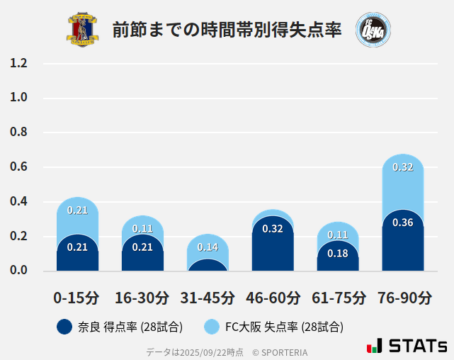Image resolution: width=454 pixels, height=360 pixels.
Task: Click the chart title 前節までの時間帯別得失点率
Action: tap(227, 30)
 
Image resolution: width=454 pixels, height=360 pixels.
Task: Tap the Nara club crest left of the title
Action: tap(83, 30)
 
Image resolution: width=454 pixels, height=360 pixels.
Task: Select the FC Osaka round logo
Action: tap(373, 30)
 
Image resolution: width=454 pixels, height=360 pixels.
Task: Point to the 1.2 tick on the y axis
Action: tap(18, 63)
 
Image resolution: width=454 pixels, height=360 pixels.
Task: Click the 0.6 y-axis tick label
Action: tap(18, 167)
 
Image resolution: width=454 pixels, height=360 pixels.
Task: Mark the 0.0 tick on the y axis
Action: tap(18, 271)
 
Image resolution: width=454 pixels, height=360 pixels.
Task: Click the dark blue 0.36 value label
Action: tap(403, 223)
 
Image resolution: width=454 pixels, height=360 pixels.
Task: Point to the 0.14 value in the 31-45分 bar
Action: tap(208, 247)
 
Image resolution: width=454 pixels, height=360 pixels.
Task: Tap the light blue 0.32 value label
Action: tap(403, 167)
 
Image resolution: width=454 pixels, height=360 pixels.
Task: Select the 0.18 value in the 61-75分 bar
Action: tap(338, 254)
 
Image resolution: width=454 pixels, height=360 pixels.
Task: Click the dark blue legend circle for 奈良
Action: tap(64, 327)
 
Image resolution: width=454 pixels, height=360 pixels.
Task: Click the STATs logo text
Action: tap(417, 347)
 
